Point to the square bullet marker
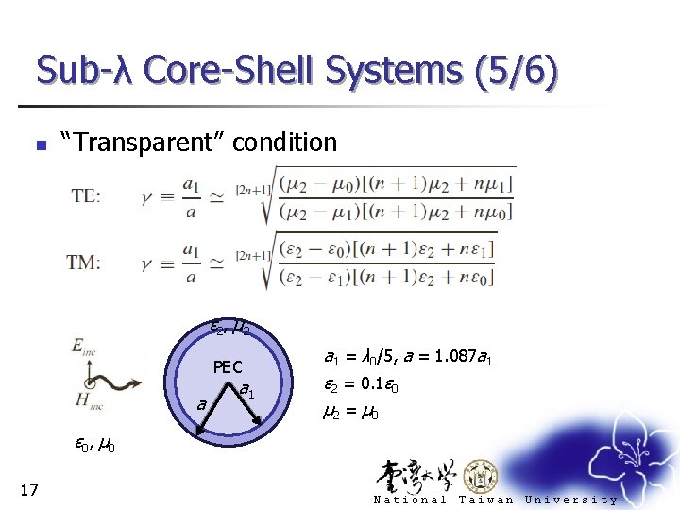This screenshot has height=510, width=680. click(39, 145)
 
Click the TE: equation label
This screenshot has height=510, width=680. click(87, 195)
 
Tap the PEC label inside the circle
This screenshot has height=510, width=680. click(228, 367)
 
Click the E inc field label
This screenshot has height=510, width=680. click(83, 347)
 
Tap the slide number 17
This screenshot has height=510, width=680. click(28, 488)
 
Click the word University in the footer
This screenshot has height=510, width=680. click(570, 500)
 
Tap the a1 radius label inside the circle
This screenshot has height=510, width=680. click(247, 389)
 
